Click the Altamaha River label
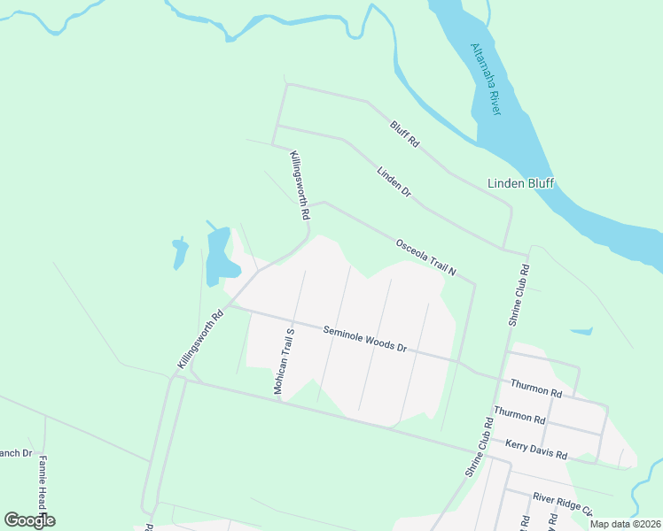tap(486, 79)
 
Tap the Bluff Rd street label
tap(403, 135)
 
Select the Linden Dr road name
tap(394, 181)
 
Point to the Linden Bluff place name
tap(520, 183)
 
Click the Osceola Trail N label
tap(425, 257)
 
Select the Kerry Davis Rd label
tap(535, 449)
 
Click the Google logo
tap(29, 520)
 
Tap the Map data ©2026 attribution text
tap(625, 524)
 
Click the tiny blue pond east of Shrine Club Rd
tap(581, 332)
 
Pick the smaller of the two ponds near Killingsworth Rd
tap(180, 253)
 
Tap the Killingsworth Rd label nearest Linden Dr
tap(300, 185)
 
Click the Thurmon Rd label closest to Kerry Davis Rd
tap(519, 415)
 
